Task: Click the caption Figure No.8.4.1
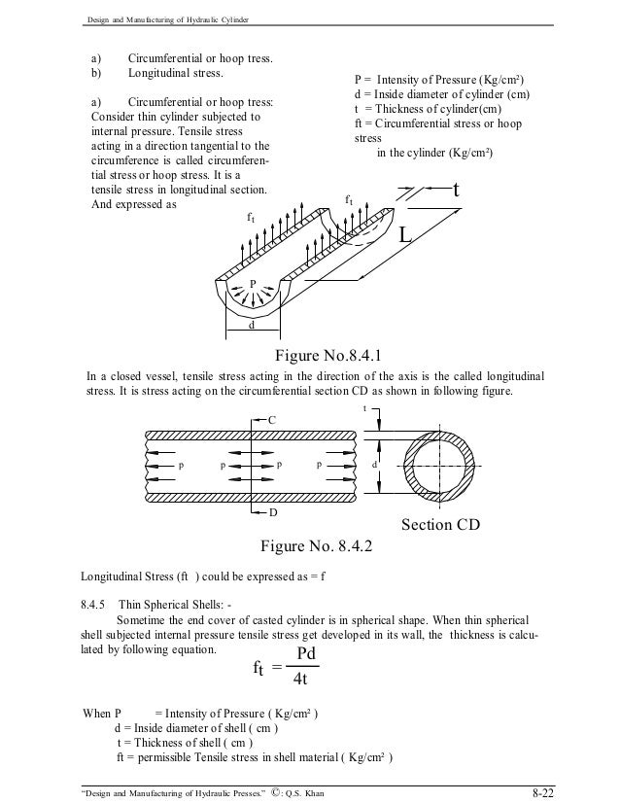click(x=336, y=353)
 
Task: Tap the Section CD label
click(x=440, y=526)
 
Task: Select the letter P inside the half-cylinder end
click(x=253, y=284)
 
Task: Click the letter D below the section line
click(x=272, y=510)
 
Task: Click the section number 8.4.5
click(x=97, y=603)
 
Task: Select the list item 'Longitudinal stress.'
click(x=175, y=73)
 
